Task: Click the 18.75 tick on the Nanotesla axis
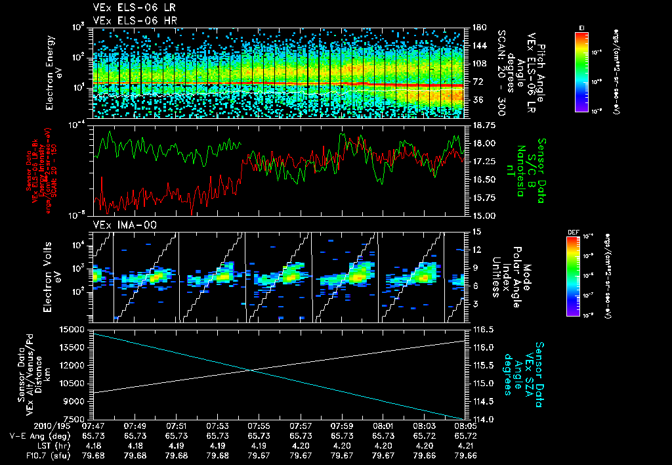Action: pyautogui.click(x=484, y=125)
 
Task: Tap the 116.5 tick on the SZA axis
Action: pyautogui.click(x=483, y=328)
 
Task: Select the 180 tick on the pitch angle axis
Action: pyautogui.click(x=478, y=28)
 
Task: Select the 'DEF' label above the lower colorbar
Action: pyautogui.click(x=572, y=232)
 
